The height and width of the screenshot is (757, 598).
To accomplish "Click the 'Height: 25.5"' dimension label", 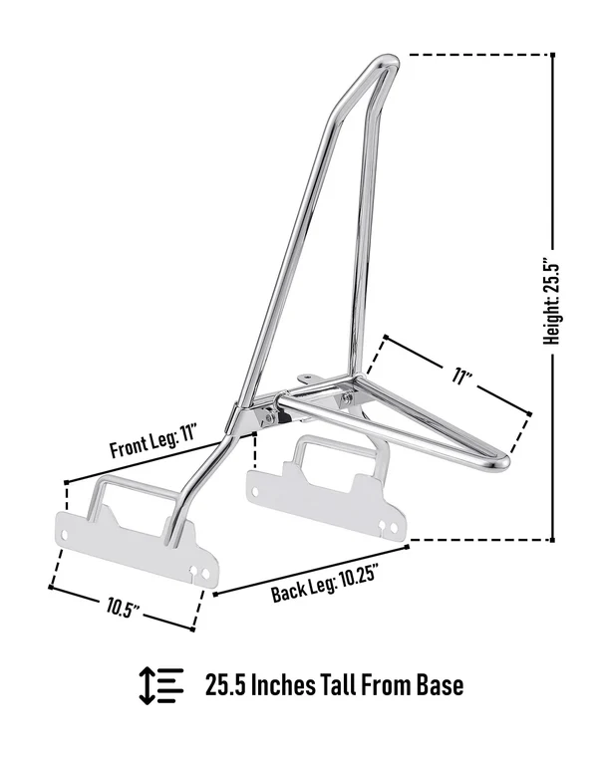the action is [x=551, y=303].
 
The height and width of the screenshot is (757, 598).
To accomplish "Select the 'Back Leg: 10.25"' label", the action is [x=324, y=584].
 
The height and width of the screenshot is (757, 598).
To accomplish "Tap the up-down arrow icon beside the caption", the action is [x=147, y=685].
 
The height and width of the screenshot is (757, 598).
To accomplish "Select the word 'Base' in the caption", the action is [x=441, y=684].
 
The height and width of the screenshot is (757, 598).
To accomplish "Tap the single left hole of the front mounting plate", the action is [x=63, y=535].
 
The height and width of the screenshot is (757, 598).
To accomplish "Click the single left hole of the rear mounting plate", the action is [x=255, y=491].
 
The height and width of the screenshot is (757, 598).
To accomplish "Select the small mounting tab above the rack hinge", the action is [x=306, y=378].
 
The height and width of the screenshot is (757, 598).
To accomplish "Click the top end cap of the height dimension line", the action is [x=552, y=55].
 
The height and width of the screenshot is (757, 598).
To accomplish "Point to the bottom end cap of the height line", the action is [x=552, y=540].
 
